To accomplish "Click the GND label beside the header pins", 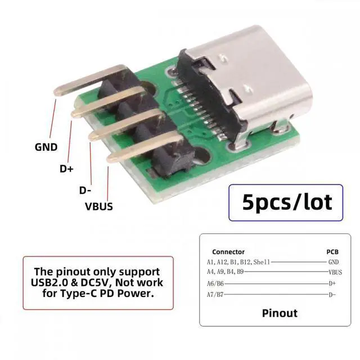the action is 46,147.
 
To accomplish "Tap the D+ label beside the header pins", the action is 67,168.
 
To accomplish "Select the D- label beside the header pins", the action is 85,190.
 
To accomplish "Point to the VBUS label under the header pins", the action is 98,206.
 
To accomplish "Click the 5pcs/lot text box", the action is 286,202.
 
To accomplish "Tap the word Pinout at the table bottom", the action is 280,312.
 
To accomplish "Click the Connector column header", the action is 228,252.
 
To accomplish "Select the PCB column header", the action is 332,252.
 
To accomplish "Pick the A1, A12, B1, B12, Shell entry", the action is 238,262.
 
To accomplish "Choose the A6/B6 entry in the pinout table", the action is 215,283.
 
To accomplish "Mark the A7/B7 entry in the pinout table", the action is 215,295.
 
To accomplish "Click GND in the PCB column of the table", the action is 333,262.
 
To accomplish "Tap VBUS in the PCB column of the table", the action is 335,272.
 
